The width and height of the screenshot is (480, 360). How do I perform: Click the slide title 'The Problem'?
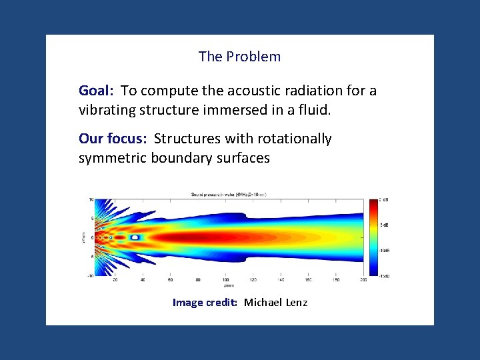tap(239, 57)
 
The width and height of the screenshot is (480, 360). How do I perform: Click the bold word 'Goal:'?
tap(97, 91)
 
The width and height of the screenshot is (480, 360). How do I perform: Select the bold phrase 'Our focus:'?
tap(113, 139)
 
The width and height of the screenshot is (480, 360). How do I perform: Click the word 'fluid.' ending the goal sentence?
tap(312, 109)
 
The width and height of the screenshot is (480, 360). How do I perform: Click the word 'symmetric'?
tap(113, 158)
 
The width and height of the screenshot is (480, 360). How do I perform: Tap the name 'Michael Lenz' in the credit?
tap(275, 303)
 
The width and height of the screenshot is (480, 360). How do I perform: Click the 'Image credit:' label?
tap(205, 303)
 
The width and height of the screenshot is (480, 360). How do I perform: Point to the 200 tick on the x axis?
tap(363, 280)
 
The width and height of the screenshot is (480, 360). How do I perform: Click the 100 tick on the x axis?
tap(225, 280)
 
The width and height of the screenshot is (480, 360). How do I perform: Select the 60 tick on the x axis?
tap(170, 280)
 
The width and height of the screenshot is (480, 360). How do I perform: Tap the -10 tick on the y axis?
tap(90, 275)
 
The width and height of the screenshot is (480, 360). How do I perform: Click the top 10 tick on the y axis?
tap(91, 199)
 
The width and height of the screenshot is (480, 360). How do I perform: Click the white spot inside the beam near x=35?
tap(135, 237)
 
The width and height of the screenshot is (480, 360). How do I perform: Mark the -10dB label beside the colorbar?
tap(385, 250)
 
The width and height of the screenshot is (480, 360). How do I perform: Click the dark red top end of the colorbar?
tap(373, 201)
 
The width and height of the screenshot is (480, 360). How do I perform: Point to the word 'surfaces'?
tap(243, 158)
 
